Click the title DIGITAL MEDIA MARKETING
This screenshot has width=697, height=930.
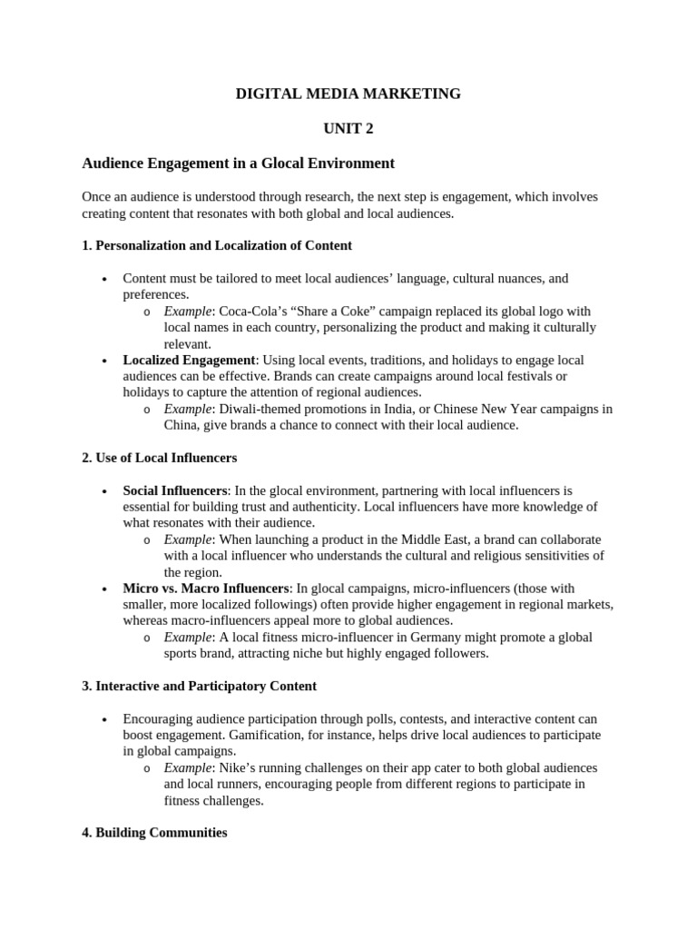point(348,94)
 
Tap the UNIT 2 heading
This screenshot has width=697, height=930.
point(348,129)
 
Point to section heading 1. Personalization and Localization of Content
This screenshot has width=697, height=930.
point(217,245)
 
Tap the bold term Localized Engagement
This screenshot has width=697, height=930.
point(189,361)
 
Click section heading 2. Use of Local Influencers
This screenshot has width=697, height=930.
point(159,458)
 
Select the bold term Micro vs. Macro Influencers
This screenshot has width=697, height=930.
point(206,589)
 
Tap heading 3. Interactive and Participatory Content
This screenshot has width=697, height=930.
point(199,686)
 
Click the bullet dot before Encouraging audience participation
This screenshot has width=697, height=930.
point(105,718)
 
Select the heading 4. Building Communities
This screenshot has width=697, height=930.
point(154,832)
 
